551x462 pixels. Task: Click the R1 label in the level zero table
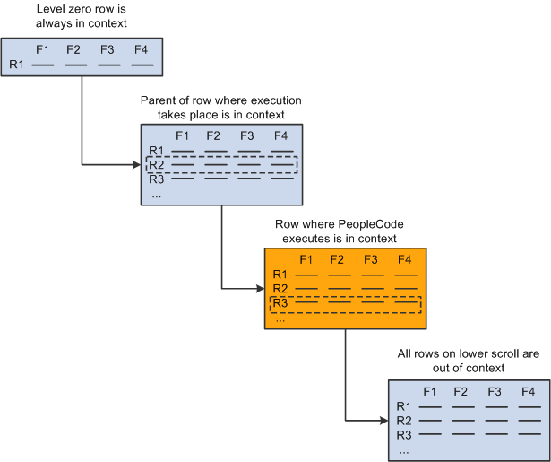(17, 64)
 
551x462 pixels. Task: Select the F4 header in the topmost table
(139, 49)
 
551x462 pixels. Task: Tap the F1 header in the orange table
(306, 259)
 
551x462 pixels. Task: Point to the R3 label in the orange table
(280, 303)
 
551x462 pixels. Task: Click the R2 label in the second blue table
(157, 164)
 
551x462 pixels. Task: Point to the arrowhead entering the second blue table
(136, 164)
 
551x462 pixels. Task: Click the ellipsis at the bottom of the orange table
(280, 318)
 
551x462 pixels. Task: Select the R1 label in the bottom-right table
(403, 406)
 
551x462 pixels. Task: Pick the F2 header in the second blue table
(213, 135)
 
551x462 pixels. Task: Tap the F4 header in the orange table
(404, 259)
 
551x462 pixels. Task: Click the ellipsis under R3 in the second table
(157, 193)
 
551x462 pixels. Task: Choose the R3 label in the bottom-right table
(403, 434)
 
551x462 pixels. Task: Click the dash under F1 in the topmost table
(43, 65)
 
